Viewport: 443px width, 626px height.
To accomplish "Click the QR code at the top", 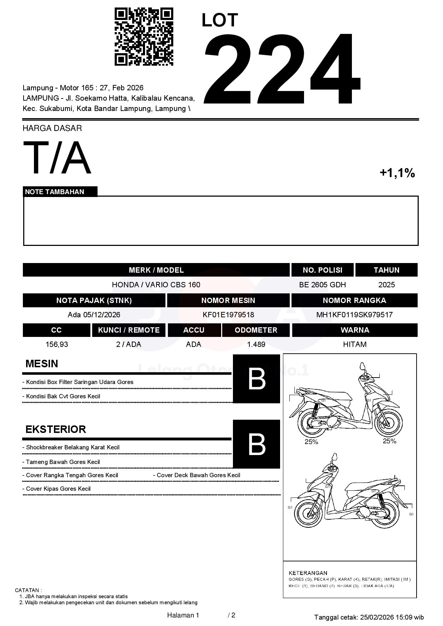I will point(144,37).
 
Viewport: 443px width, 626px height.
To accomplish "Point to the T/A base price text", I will point(57,158).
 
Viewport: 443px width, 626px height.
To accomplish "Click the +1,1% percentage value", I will point(397,173).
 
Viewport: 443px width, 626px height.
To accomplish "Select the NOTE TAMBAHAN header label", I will point(55,192).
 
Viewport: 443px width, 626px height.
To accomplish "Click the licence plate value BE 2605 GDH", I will point(322,285).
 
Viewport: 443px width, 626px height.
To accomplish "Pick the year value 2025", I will point(387,285).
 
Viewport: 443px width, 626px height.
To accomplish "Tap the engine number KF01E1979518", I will point(228,315).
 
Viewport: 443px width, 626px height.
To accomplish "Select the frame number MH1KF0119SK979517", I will point(354,315).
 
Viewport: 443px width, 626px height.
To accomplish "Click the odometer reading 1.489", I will point(256,344).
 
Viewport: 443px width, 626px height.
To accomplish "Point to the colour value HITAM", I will point(354,344).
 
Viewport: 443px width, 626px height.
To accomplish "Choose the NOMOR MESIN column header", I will point(228,301).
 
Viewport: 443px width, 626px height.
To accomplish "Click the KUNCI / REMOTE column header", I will point(129,330).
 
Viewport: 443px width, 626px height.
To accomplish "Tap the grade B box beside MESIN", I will point(257,379).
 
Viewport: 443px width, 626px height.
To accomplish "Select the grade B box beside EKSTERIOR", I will point(257,444).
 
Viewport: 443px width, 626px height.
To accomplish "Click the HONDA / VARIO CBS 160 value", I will point(156,285).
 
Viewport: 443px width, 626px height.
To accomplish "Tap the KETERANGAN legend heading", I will point(308,573).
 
